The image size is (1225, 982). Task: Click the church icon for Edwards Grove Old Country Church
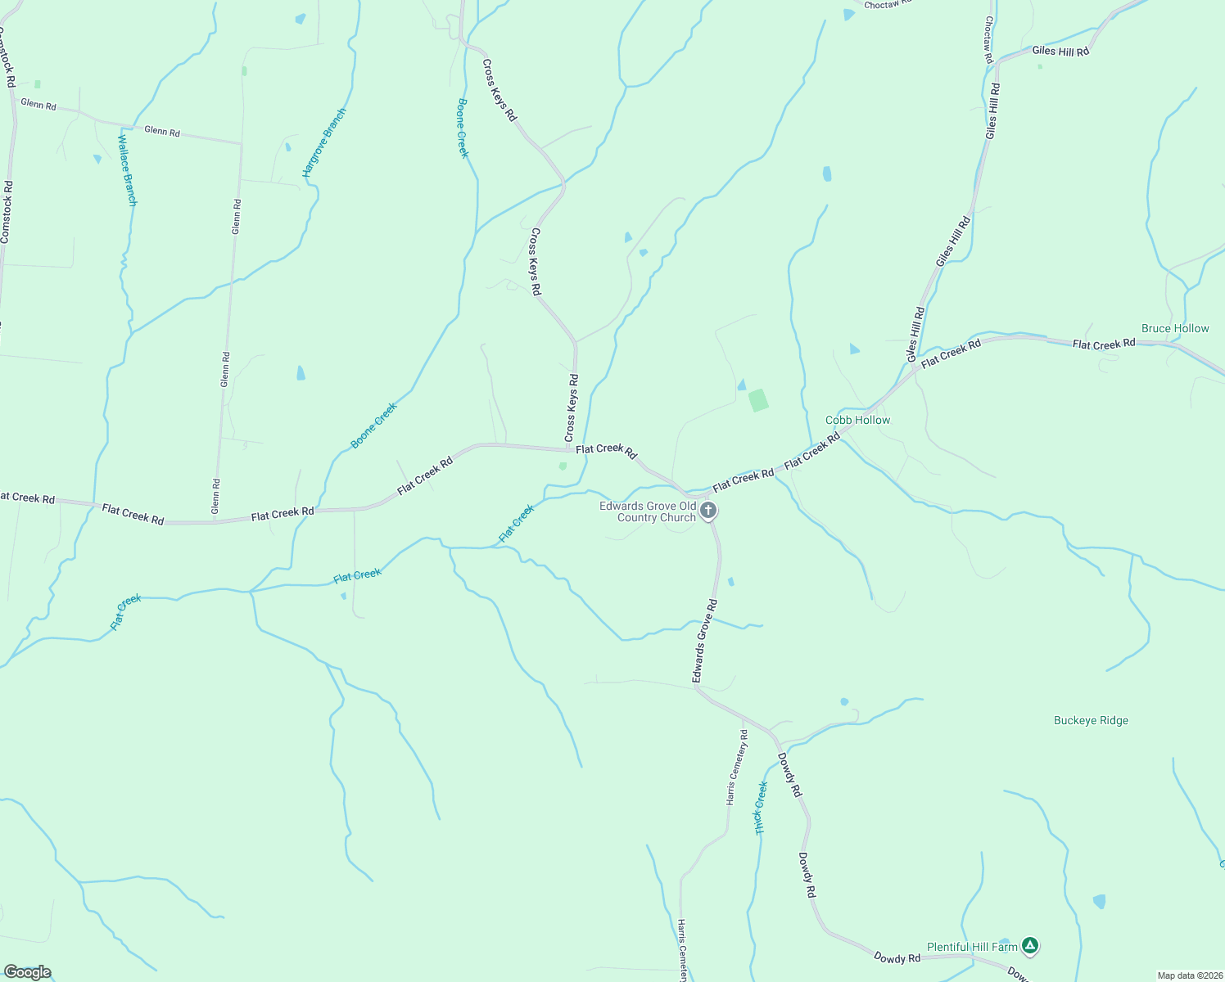[709, 511]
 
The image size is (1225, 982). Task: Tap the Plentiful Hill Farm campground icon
[1031, 946]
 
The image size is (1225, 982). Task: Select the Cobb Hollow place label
[857, 420]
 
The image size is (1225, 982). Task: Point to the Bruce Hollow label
[1175, 328]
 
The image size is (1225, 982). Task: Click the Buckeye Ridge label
[1091, 720]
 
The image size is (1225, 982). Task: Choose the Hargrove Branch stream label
[324, 142]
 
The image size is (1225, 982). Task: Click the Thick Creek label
[761, 808]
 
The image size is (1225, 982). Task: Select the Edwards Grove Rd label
[704, 642]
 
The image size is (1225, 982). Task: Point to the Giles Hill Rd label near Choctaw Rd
[1060, 51]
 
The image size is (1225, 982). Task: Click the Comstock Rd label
[7, 212]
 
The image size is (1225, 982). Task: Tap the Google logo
[27, 972]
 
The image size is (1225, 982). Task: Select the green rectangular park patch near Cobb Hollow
[758, 400]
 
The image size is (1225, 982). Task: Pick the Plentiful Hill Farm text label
[972, 947]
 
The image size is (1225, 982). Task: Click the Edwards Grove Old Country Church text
[648, 511]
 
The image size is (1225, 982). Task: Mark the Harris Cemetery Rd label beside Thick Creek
[737, 767]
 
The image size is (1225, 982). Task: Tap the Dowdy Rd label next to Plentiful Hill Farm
[897, 957]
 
